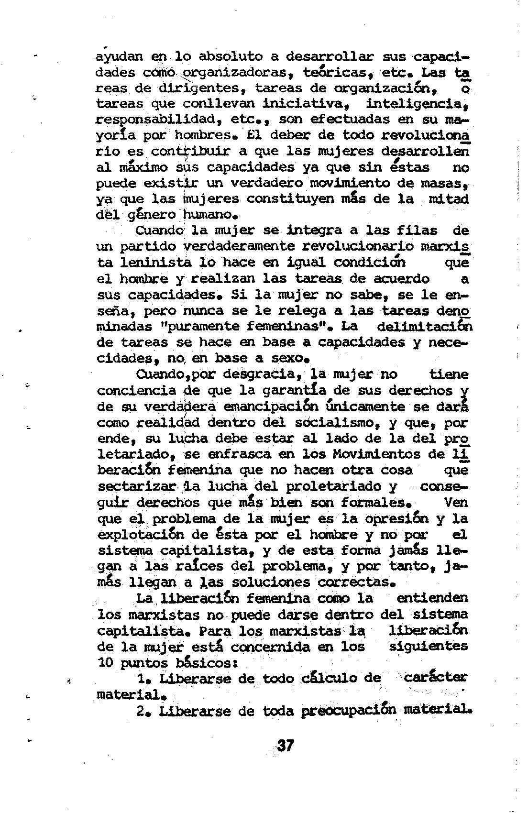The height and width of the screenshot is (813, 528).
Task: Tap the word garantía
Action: tap(295, 390)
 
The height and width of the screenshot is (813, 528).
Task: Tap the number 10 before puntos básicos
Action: tap(104, 663)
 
